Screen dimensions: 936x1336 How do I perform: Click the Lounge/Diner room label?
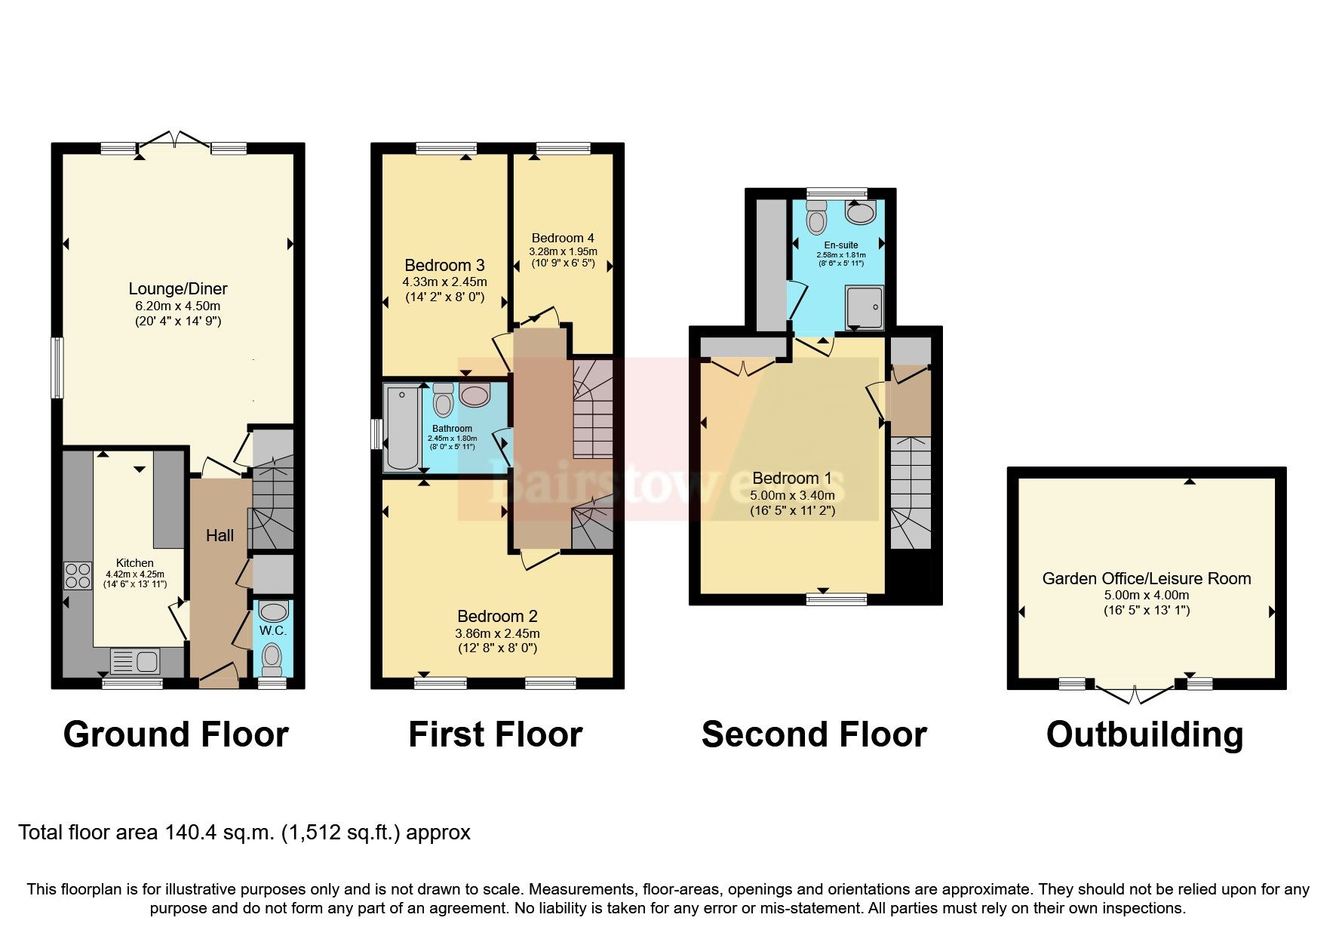click(x=178, y=288)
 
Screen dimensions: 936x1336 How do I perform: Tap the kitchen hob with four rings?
click(x=76, y=576)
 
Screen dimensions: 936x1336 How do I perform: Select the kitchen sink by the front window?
click(x=135, y=662)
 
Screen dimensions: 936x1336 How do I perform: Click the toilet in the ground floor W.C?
click(x=272, y=658)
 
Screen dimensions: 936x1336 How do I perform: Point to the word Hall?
click(x=220, y=535)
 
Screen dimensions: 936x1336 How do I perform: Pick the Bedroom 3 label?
click(x=444, y=265)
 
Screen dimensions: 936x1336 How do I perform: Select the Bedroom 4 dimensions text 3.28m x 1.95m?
click(x=563, y=251)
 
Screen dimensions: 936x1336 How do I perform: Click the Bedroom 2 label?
click(x=497, y=617)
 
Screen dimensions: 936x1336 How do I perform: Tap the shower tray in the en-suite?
click(x=864, y=306)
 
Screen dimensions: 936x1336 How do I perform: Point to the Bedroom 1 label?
click(x=791, y=478)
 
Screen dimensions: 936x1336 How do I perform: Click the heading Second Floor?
click(x=813, y=734)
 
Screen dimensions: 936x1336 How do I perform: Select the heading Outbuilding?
click(x=1144, y=734)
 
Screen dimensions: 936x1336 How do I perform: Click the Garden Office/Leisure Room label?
click(x=1146, y=578)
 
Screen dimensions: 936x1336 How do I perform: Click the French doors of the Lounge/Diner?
click(x=174, y=140)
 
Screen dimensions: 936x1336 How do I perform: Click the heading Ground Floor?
click(x=176, y=734)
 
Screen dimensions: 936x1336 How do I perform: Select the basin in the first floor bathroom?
click(x=475, y=394)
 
